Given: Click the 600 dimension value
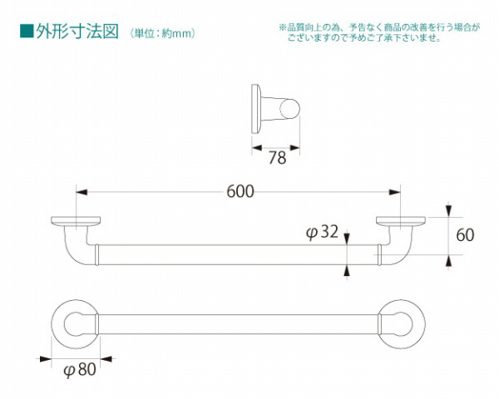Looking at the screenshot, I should point(240,191).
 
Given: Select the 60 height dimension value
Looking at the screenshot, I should point(465,234).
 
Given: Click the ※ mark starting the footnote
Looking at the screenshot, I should point(283,27).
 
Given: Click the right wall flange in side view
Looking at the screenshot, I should point(400,221).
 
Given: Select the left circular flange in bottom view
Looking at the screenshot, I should point(76,323).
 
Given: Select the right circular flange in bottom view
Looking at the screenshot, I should point(401,323).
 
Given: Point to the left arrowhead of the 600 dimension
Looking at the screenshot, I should point(81,191).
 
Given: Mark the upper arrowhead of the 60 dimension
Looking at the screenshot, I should point(449,211).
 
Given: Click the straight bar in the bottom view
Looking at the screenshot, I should point(240,323).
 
